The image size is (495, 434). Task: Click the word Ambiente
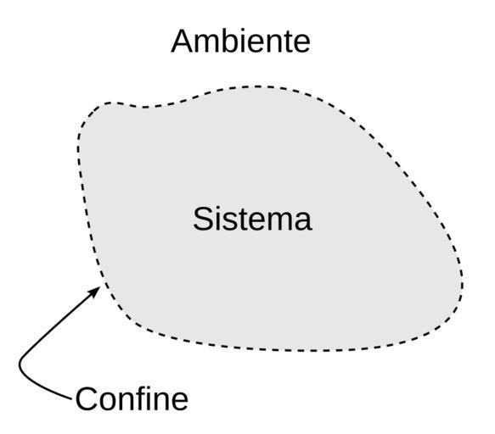[240, 42]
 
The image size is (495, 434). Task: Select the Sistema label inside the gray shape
[252, 219]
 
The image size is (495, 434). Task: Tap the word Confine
[132, 399]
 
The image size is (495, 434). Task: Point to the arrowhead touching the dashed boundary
[94, 292]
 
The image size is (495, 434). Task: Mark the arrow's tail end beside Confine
[71, 399]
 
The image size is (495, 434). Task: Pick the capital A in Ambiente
[182, 42]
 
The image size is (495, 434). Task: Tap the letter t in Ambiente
[288, 42]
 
